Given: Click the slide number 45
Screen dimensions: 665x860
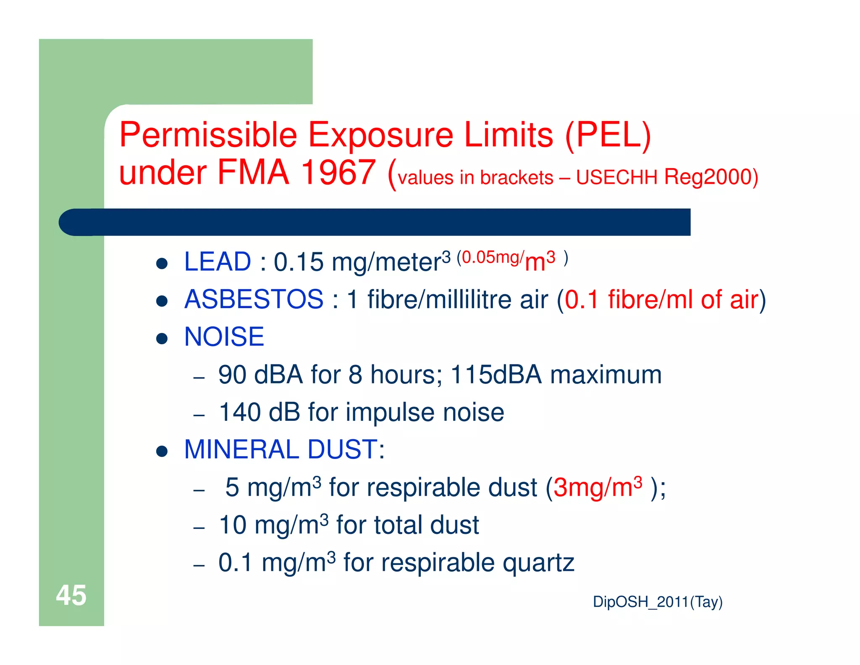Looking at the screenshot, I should click(71, 595).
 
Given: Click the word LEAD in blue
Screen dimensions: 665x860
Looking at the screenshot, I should click(218, 261).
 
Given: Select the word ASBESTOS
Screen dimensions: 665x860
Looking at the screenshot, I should click(254, 299).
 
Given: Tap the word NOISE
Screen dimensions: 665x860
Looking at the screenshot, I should click(224, 337).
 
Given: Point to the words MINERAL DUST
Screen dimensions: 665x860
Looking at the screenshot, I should click(281, 449).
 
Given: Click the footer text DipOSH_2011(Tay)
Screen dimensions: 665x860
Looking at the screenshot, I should click(657, 602).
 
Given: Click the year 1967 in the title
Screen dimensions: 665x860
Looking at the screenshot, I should click(338, 172).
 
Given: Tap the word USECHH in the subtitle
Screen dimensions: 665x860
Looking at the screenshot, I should click(616, 177).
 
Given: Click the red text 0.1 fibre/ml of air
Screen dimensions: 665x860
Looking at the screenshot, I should click(661, 299).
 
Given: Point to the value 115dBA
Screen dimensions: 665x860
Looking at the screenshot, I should click(496, 375).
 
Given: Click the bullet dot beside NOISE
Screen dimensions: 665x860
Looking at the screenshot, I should click(162, 338).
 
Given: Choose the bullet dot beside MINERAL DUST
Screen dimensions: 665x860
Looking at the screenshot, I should click(162, 451).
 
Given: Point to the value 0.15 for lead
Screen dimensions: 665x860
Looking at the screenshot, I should click(299, 261).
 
